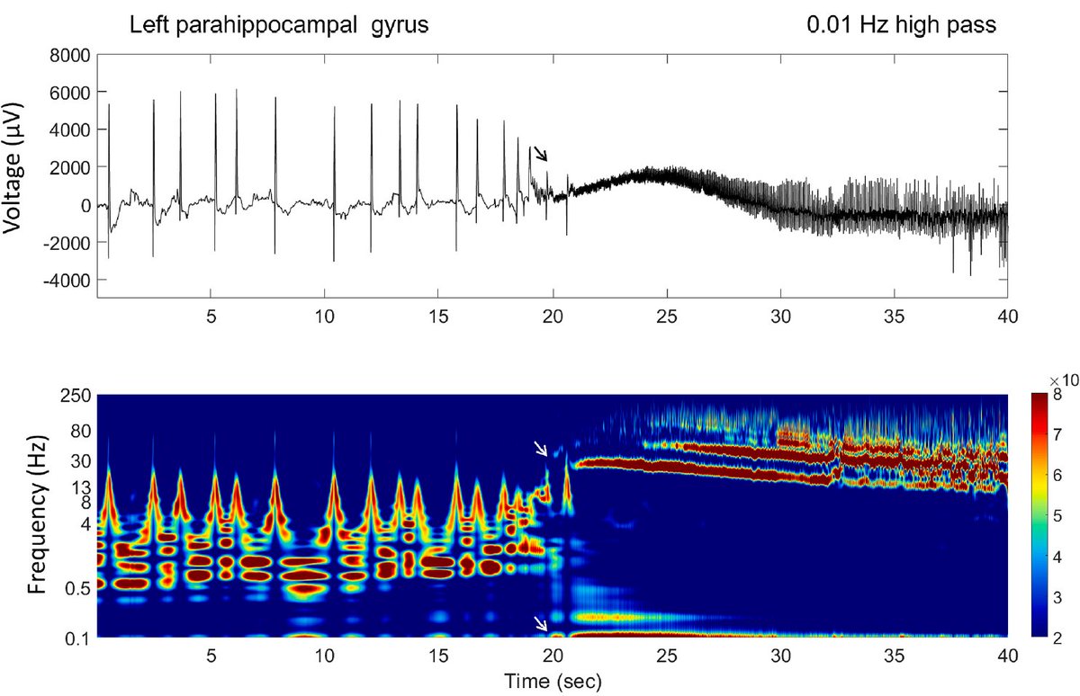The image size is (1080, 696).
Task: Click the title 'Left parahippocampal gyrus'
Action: [x=279, y=25]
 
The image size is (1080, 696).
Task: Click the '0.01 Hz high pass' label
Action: [x=901, y=24]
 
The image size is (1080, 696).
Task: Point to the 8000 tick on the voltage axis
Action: [x=70, y=56]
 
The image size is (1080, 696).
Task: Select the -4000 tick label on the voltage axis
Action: [x=67, y=281]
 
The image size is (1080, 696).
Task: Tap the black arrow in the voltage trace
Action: [x=541, y=154]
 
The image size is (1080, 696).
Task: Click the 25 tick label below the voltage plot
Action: [x=667, y=317]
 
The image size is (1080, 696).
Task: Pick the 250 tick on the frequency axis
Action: [x=76, y=396]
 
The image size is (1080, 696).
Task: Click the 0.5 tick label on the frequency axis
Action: [x=77, y=588]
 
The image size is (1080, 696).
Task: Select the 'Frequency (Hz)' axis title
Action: [x=38, y=514]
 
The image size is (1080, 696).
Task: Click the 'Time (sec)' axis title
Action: [x=553, y=681]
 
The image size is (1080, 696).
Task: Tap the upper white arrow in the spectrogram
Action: [x=541, y=448]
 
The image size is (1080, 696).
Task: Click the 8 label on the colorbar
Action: [x=1057, y=395]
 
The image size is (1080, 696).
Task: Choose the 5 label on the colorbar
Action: [x=1057, y=516]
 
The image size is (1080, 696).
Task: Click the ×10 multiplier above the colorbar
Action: [x=1063, y=380]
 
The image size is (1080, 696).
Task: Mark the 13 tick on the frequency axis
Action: [x=81, y=488]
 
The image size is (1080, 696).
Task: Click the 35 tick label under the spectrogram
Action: [x=894, y=656]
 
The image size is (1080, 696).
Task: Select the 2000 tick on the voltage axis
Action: [x=70, y=168]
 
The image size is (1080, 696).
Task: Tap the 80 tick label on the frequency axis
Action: [x=81, y=431]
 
